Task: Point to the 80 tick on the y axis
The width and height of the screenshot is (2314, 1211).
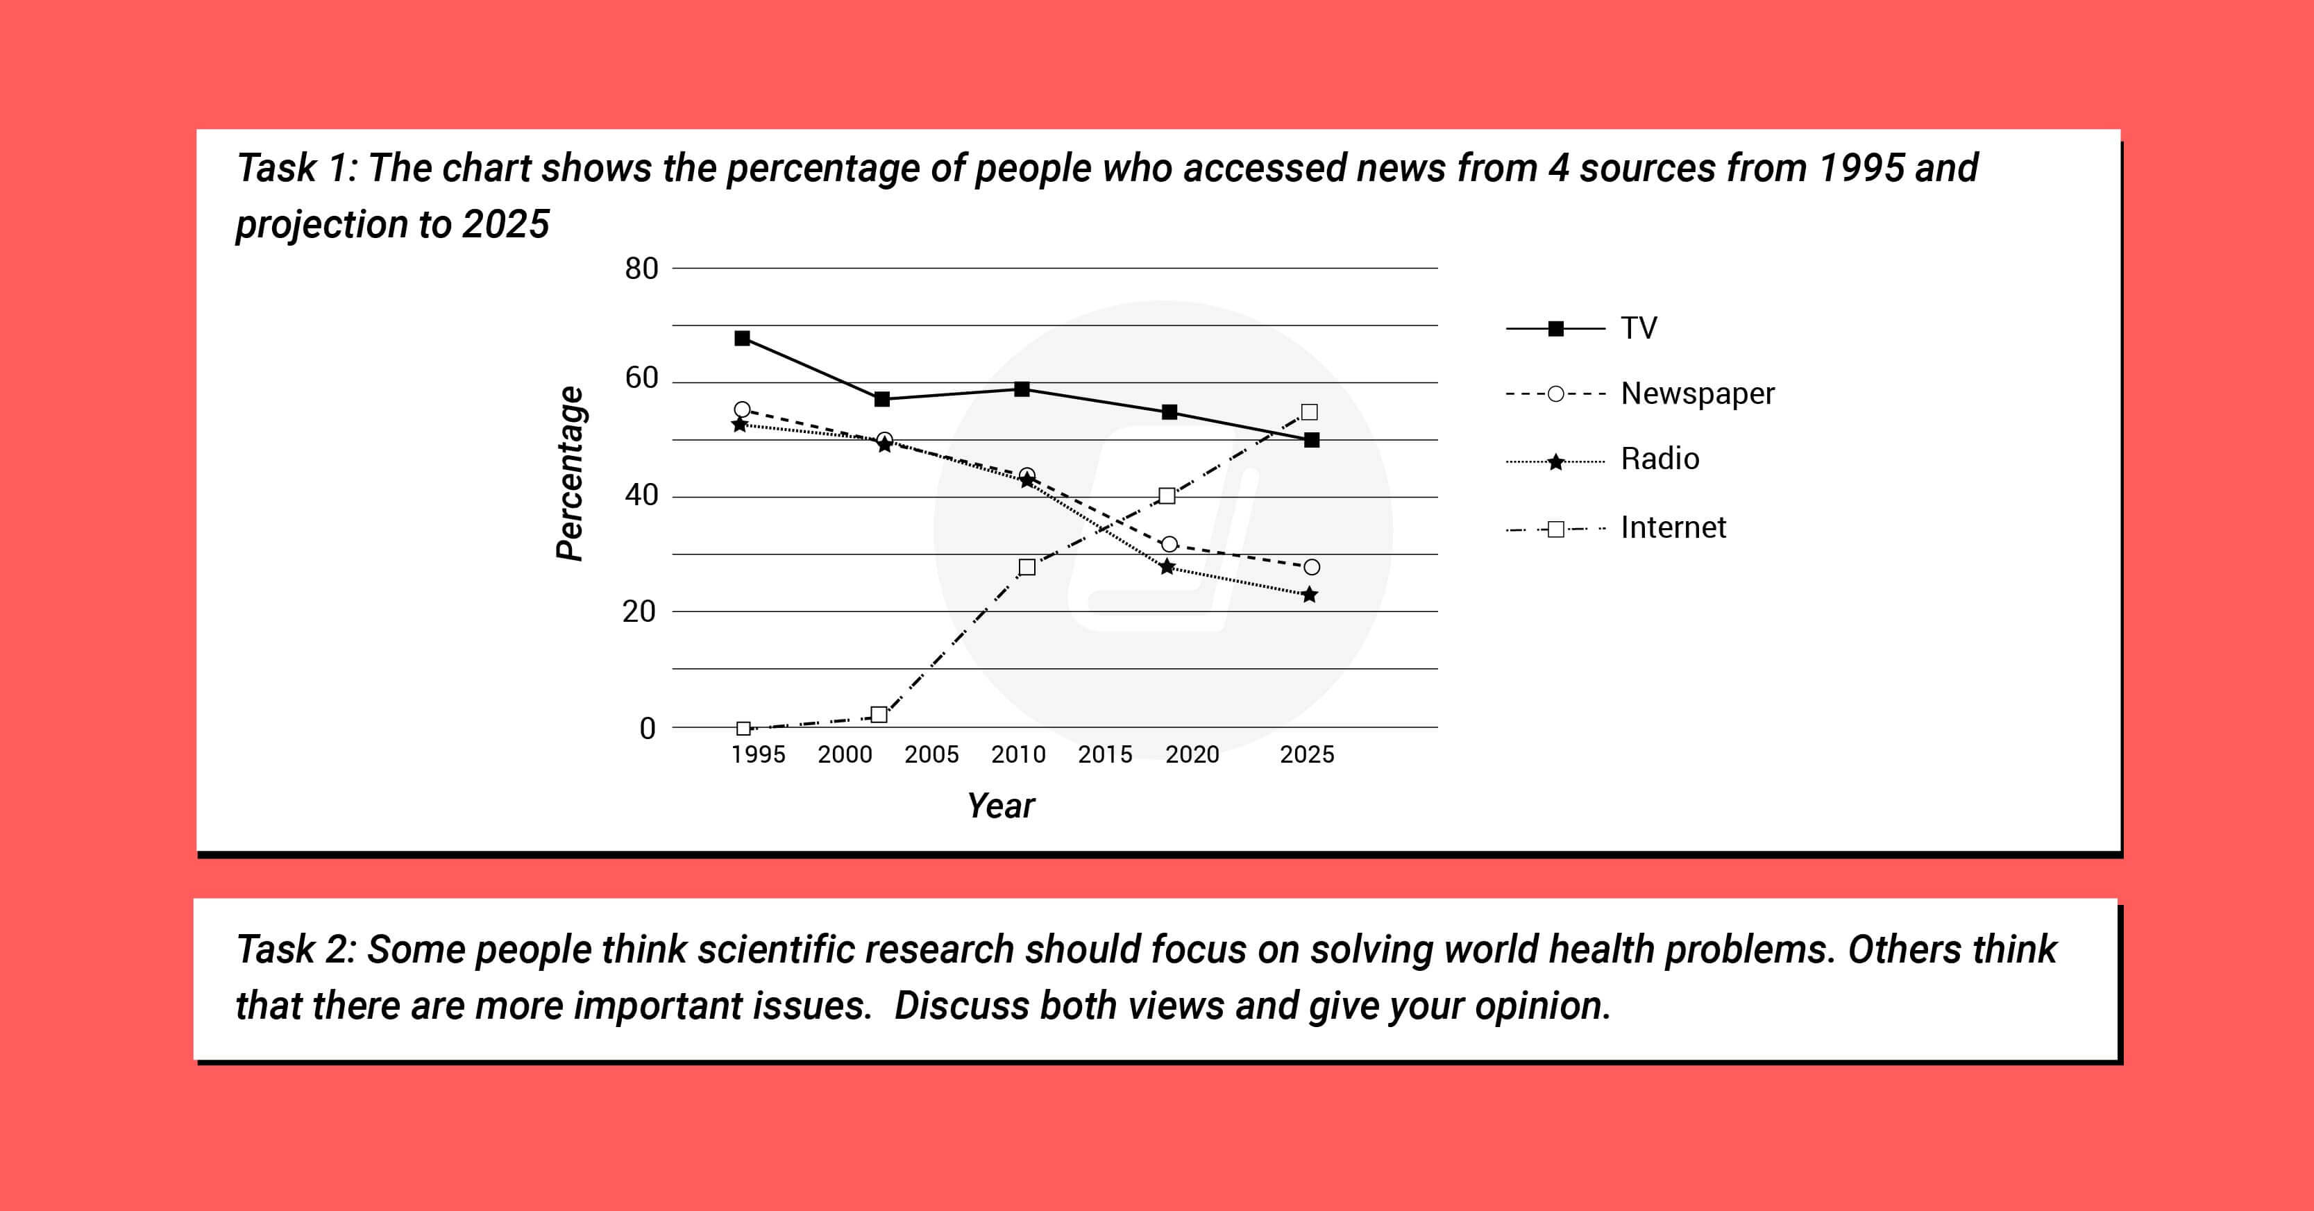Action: [641, 269]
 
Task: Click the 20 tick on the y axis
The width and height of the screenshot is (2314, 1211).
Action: [640, 612]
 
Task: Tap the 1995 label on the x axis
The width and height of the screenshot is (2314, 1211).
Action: [758, 754]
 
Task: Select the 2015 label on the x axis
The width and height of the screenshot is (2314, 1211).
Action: [1105, 754]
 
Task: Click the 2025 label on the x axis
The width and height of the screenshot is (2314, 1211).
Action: [1307, 754]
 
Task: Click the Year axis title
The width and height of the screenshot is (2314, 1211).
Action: [1001, 806]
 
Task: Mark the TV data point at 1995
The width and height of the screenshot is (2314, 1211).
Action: [742, 339]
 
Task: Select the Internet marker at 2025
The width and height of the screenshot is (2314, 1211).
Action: [1310, 412]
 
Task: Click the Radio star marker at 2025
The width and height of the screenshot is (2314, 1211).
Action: [1310, 595]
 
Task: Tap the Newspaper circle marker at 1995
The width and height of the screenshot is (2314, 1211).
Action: [742, 409]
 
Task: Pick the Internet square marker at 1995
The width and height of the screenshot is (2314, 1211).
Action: [744, 729]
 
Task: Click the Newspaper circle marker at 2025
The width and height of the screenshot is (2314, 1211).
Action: [1312, 567]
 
